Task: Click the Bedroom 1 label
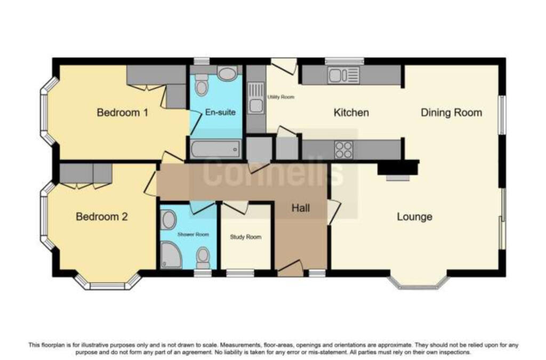[122, 113]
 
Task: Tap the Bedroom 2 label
[101, 217]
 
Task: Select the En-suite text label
[216, 113]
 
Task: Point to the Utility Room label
[280, 97]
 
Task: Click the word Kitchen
[351, 113]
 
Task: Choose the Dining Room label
[451, 113]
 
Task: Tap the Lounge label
[414, 217]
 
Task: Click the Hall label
[301, 208]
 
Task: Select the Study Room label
[245, 237]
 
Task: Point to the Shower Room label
[193, 234]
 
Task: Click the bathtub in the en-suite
[215, 149]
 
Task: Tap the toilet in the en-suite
[202, 85]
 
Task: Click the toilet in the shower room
[203, 258]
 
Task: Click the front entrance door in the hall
[290, 269]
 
